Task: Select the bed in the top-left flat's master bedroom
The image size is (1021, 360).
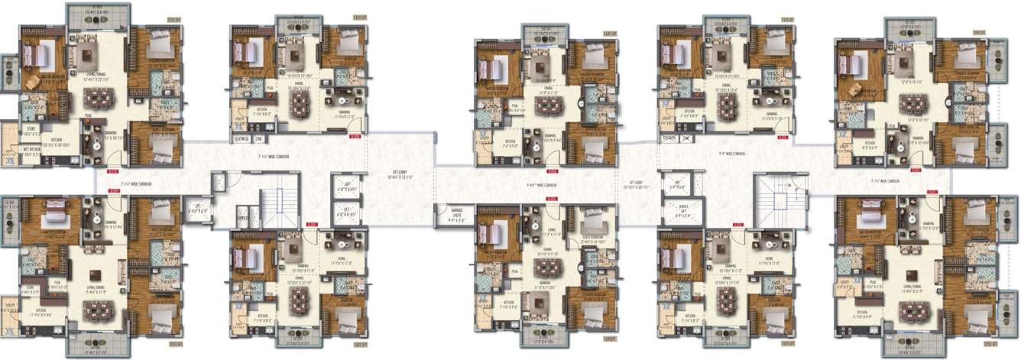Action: point(37,54)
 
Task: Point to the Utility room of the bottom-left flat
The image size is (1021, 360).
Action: point(10,306)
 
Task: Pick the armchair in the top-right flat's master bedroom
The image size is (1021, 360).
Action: point(854,89)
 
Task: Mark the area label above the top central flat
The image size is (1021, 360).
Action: point(608,34)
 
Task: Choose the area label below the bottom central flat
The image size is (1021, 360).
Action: point(609,336)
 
